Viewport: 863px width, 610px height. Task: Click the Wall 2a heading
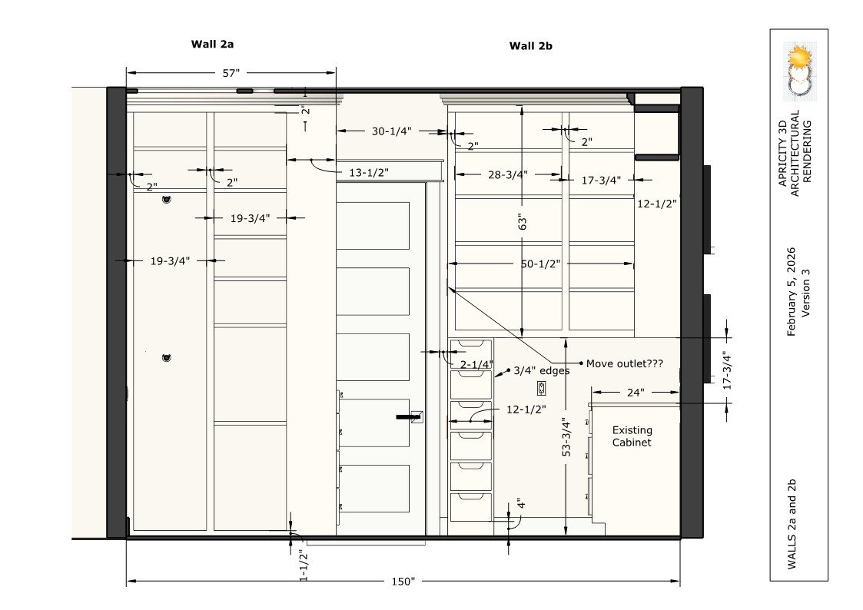212,44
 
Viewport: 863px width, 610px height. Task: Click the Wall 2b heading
530,46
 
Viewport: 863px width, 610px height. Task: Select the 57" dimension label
231,73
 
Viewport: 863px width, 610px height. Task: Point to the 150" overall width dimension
403,582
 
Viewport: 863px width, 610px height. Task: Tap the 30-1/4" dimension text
391,131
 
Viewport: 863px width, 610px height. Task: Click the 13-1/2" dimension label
369,173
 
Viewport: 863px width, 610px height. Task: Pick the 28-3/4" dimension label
507,175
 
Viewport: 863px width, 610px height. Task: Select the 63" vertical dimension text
523,222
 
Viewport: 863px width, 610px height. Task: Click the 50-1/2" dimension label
540,264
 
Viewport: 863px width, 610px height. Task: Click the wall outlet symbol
542,388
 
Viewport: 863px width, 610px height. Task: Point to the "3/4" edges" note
542,371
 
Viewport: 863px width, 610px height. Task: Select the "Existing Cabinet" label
632,436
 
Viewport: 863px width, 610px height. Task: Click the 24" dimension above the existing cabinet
635,393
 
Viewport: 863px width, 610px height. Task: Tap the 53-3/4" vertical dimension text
566,436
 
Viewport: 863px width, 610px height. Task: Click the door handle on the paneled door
410,417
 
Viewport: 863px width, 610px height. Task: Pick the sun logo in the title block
799,57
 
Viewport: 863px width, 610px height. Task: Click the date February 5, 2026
792,291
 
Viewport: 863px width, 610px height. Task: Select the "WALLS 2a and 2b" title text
792,525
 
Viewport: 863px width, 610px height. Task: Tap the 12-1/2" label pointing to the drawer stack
526,409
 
